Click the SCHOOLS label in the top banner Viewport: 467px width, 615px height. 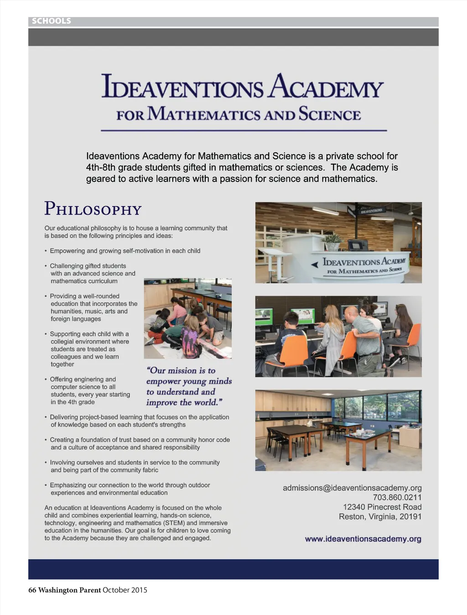(x=52, y=21)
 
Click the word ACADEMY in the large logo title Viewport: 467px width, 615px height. (x=326, y=87)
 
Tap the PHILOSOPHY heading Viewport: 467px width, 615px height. (x=93, y=209)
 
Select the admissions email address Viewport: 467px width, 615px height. (x=352, y=488)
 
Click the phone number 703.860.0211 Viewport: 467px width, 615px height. (x=397, y=497)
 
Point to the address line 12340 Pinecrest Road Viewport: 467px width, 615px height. (x=382, y=507)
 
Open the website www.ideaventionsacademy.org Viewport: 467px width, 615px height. (x=363, y=539)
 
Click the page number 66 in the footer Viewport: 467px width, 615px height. (x=32, y=590)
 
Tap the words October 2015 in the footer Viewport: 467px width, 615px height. (x=125, y=590)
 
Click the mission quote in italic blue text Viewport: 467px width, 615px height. (x=188, y=386)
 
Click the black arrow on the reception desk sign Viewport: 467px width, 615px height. (x=315, y=264)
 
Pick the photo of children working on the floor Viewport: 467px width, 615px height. (x=187, y=318)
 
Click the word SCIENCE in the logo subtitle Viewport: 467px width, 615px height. (x=329, y=114)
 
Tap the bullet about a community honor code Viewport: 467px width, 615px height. (x=140, y=444)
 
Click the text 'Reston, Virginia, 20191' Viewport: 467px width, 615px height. (x=380, y=517)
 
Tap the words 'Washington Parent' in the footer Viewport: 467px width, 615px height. (x=69, y=590)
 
